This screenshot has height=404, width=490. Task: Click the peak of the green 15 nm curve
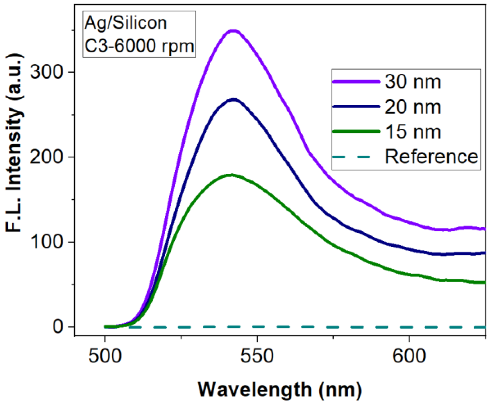tap(231, 175)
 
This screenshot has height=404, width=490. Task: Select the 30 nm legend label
tap(413, 81)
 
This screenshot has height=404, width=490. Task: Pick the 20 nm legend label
tap(413, 107)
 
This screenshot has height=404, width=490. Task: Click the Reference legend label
tap(431, 157)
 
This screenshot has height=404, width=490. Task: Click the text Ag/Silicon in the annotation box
tap(125, 23)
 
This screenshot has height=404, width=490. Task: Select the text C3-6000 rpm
tap(139, 46)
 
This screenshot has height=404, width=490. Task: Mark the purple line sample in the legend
tap(356, 81)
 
